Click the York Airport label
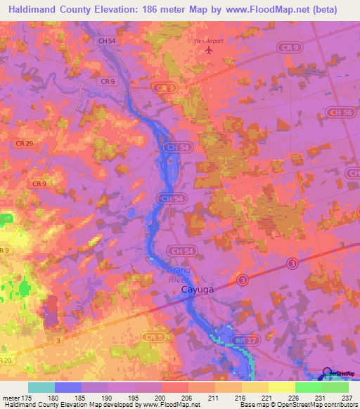click(x=208, y=41)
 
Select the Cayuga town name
click(x=181, y=289)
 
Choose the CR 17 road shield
click(x=255, y=342)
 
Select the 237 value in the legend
click(x=347, y=398)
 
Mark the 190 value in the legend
click(x=112, y=398)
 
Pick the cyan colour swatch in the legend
click(x=41, y=387)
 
